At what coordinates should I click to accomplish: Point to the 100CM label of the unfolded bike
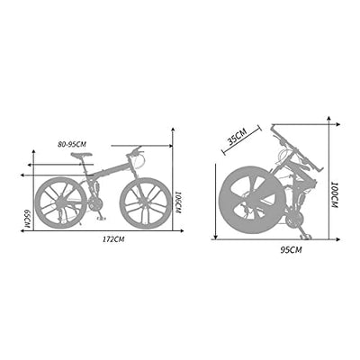(178, 202)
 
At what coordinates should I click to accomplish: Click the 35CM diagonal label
(238, 137)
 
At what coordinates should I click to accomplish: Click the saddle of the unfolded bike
(82, 156)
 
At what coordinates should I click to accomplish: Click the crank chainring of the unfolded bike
(96, 206)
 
